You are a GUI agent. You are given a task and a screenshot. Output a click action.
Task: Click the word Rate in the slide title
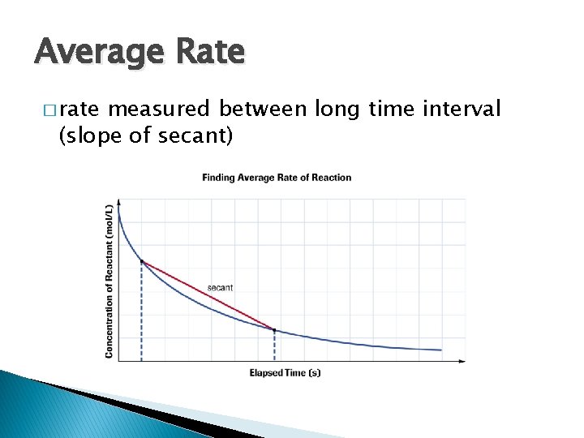(208, 51)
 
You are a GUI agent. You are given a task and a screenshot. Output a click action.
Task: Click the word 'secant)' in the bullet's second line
(198, 137)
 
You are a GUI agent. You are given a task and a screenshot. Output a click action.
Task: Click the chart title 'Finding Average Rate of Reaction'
(277, 178)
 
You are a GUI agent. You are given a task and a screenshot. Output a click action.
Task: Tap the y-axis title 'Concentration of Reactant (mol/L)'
(109, 281)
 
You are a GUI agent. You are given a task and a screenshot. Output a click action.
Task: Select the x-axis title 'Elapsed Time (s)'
(285, 373)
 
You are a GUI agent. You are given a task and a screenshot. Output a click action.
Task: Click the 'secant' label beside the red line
(220, 287)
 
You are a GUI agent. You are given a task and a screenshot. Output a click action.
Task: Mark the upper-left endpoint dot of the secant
(142, 261)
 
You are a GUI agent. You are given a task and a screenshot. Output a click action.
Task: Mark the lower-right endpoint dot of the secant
(274, 330)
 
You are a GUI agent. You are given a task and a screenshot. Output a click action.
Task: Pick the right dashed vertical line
(274, 346)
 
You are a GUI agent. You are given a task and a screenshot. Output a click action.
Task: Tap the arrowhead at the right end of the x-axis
(462, 361)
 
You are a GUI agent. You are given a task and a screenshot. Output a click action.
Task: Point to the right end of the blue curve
(441, 350)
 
